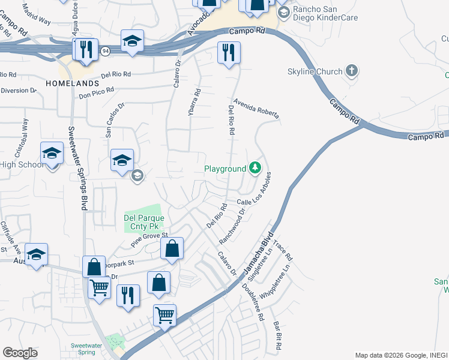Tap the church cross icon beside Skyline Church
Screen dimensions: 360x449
point(351,71)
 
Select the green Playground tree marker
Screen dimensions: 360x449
point(256,168)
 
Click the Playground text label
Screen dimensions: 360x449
point(225,169)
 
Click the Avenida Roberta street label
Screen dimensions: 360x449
point(256,109)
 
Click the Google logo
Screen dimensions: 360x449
point(20,353)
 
